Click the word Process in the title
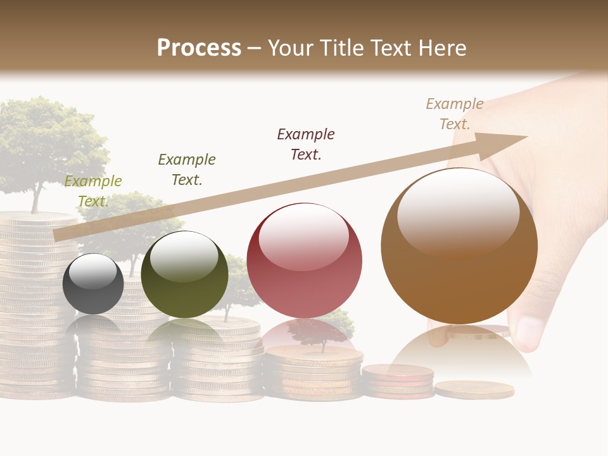click(199, 48)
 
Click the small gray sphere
click(93, 284)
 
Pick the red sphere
click(304, 261)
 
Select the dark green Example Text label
click(187, 170)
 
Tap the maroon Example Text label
click(306, 144)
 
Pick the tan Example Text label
click(455, 114)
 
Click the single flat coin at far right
click(474, 389)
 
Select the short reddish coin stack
click(398, 380)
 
